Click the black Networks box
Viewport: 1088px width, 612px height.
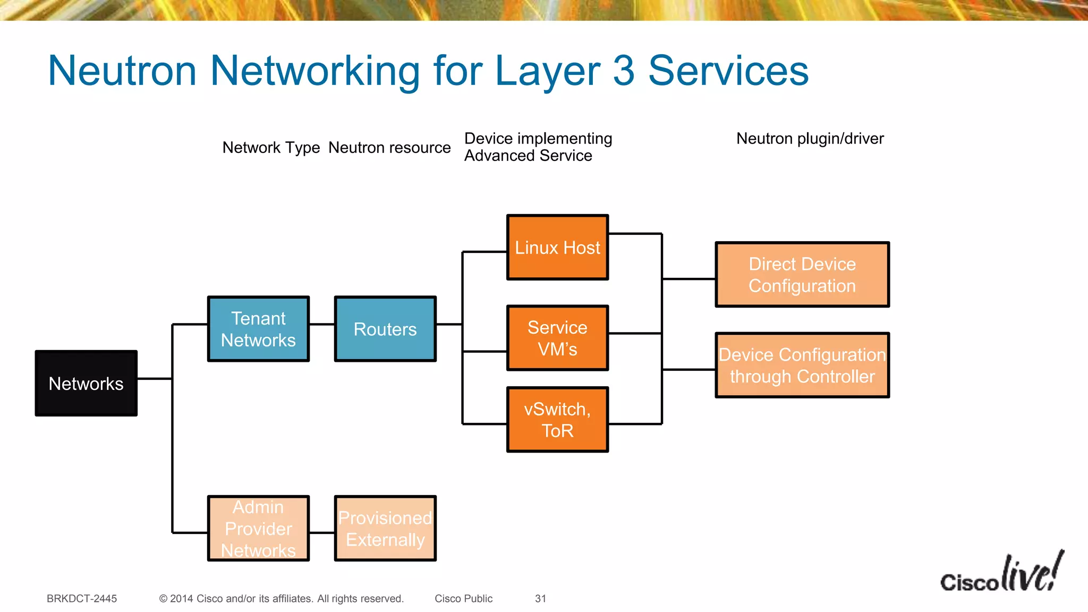[x=86, y=383]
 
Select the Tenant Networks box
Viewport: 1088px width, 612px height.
[x=258, y=329]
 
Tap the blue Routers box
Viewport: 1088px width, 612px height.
[x=385, y=329]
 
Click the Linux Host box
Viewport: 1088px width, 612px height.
[x=557, y=247]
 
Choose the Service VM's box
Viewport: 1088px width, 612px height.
[x=557, y=338]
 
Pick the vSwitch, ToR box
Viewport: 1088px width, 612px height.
[x=557, y=420]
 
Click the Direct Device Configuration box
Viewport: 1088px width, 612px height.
[x=802, y=275]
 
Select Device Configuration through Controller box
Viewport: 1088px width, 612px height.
[x=802, y=365]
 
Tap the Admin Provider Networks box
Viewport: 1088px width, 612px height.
[x=258, y=529]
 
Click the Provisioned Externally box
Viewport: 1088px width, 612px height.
[x=385, y=529]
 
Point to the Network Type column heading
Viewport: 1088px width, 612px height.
[x=271, y=147]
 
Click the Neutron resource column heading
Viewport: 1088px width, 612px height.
[x=389, y=147]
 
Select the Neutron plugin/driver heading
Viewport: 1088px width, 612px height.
[x=810, y=139]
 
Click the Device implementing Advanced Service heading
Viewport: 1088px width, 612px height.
[x=538, y=147]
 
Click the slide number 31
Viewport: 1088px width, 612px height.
[x=540, y=599]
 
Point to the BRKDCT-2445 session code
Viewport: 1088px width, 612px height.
[x=82, y=599]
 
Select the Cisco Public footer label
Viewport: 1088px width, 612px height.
[x=463, y=599]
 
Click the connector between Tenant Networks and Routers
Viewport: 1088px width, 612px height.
[x=322, y=324]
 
